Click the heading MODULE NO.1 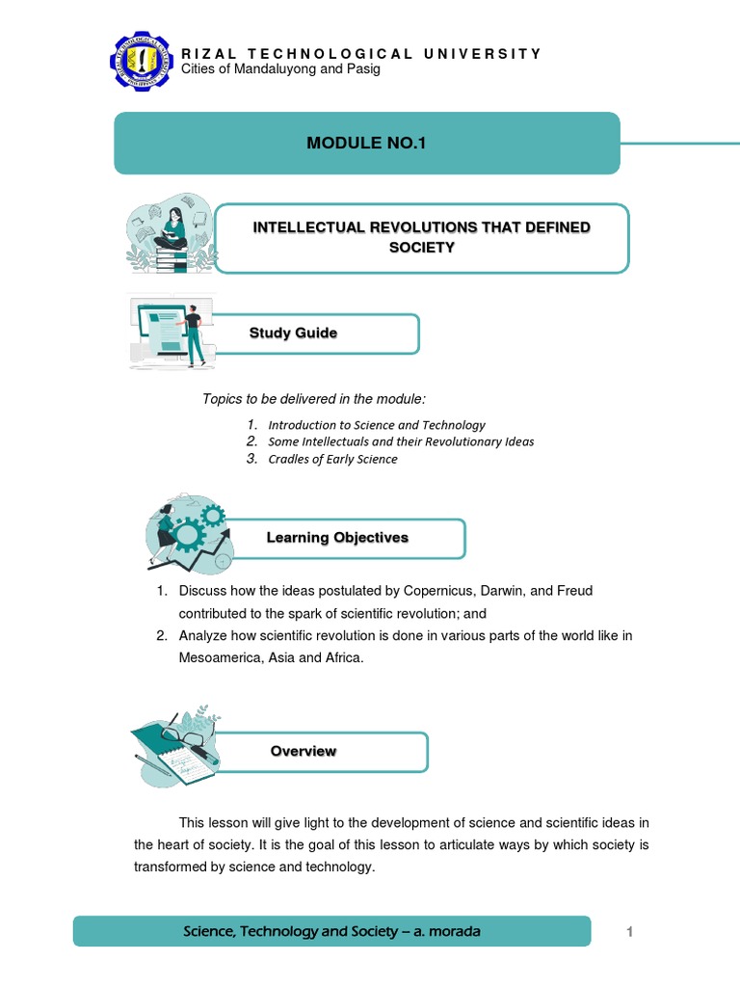pos(365,144)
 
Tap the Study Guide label pos(293,333)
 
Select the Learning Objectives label pos(337,538)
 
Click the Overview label pos(304,751)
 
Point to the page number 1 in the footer pos(629,931)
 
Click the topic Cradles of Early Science pos(332,459)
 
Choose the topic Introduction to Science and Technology pos(377,424)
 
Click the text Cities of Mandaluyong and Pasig pos(280,69)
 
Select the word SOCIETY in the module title pos(421,248)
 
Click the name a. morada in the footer pos(445,931)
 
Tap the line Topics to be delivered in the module pos(313,399)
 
